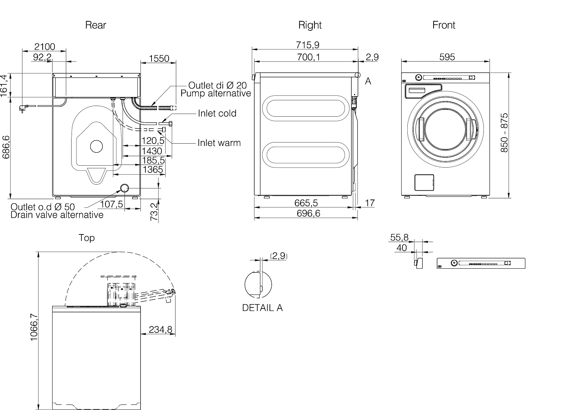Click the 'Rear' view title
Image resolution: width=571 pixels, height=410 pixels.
[96, 25]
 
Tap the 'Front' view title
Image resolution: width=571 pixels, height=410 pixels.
[444, 25]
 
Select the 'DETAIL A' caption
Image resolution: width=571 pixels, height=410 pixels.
[262, 308]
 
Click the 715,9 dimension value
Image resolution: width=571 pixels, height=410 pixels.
[308, 45]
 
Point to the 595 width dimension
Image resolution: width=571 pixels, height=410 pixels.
[447, 57]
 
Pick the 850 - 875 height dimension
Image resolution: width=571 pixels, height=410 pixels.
[504, 133]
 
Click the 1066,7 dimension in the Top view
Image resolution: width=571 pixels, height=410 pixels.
[34, 327]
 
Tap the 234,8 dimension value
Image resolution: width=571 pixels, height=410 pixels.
[161, 329]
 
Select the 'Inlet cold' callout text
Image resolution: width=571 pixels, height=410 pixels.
[217, 113]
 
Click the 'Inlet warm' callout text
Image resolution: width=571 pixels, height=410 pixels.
[219, 143]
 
